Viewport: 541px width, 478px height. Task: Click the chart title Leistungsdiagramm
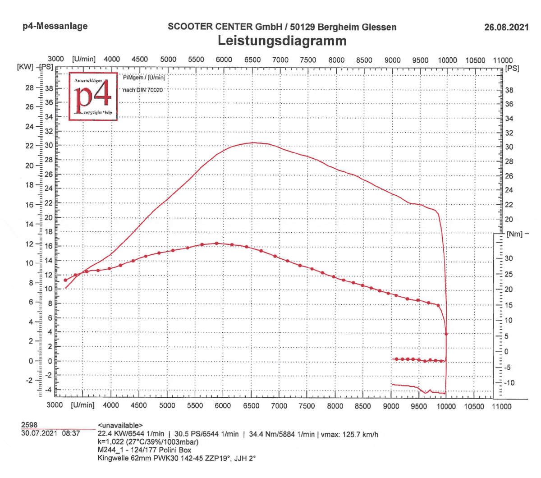coord(282,41)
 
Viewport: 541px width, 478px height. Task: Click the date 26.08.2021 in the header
coord(506,27)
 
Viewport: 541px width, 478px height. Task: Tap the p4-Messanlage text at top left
coord(55,26)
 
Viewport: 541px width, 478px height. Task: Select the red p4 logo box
coord(93,97)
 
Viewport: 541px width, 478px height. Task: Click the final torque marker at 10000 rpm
coord(446,334)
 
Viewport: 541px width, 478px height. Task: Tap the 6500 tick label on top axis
coord(252,60)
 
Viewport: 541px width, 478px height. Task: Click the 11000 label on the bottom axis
coord(501,406)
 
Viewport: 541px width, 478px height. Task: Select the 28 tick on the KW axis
coord(29,87)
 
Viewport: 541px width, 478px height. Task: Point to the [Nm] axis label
coord(514,234)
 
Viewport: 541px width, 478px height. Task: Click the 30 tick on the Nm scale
coord(509,258)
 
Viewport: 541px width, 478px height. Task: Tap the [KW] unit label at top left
coord(25,67)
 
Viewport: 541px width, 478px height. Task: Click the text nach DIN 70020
coord(143,90)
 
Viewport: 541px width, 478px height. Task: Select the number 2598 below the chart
coord(29,425)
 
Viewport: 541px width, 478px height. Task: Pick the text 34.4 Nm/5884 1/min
coord(282,434)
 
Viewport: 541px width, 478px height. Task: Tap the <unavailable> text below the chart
coord(120,425)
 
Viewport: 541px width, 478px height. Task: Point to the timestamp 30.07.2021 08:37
coord(50,433)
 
